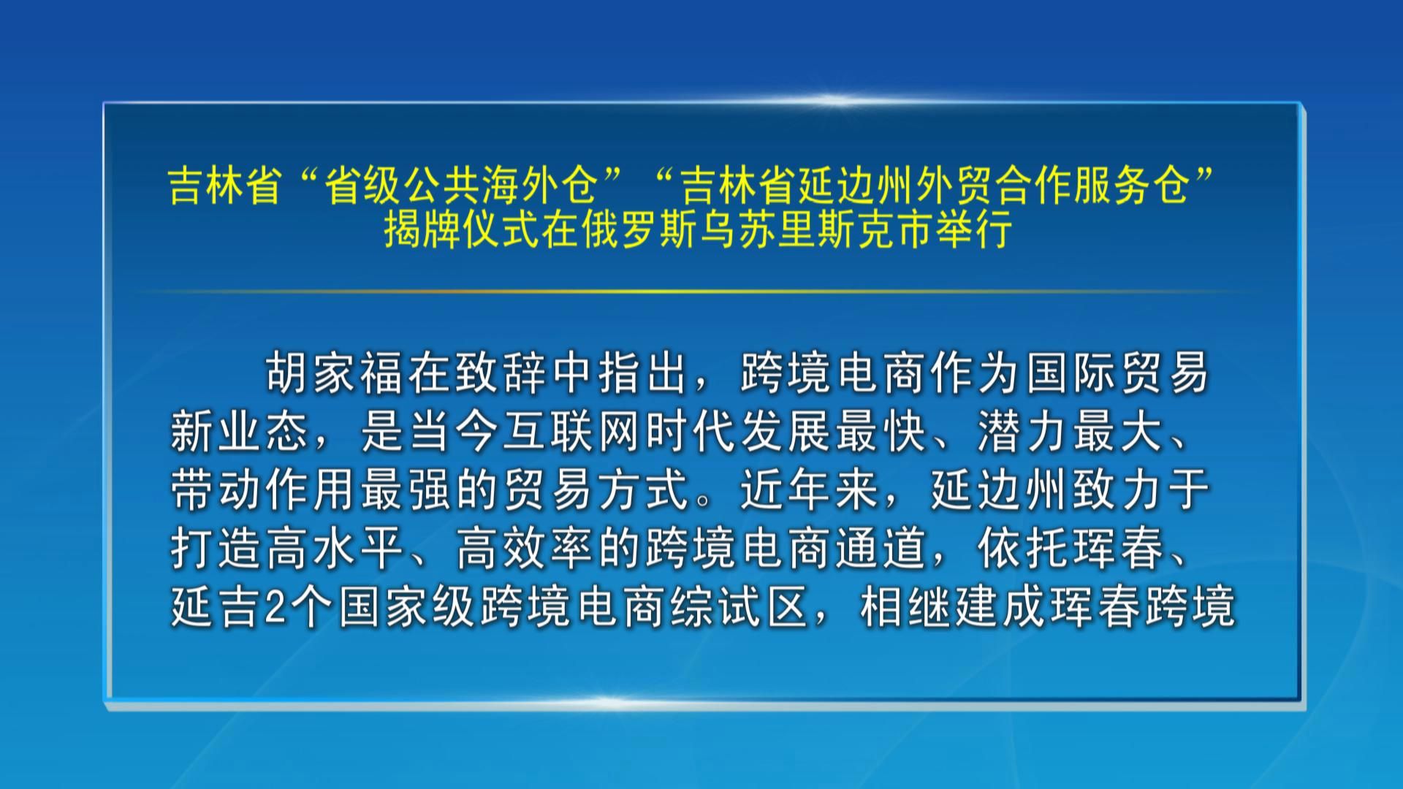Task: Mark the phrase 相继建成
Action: coord(953,607)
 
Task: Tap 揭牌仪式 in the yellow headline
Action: coord(463,229)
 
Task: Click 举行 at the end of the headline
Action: coord(975,229)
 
